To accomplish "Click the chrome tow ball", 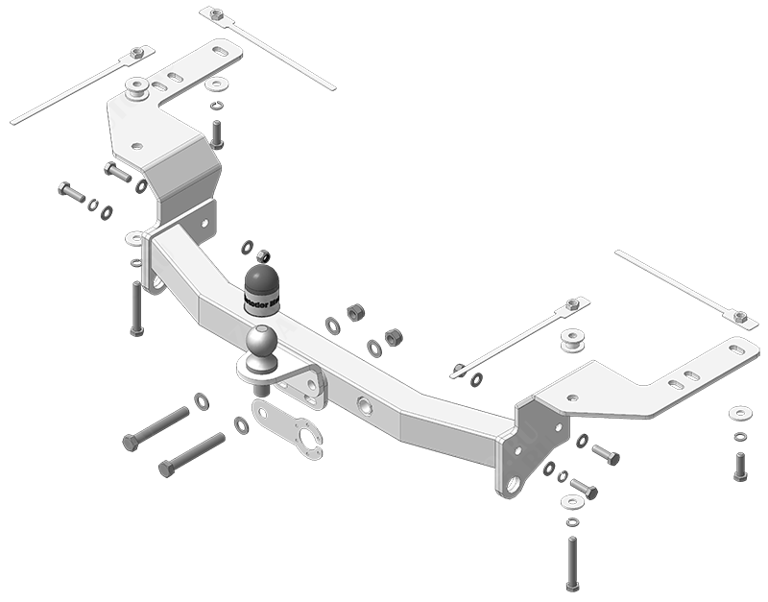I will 262,342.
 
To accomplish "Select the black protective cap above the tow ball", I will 260,287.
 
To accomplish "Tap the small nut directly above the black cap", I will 264,255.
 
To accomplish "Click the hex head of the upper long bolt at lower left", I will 131,443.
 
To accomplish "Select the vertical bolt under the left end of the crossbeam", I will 136,309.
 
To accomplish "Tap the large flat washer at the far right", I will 740,413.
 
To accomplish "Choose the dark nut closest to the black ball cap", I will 354,312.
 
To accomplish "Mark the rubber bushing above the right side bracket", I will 574,341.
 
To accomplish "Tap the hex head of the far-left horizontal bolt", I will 64,188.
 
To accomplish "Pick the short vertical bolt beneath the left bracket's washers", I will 216,134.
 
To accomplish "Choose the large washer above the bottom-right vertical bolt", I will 571,502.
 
